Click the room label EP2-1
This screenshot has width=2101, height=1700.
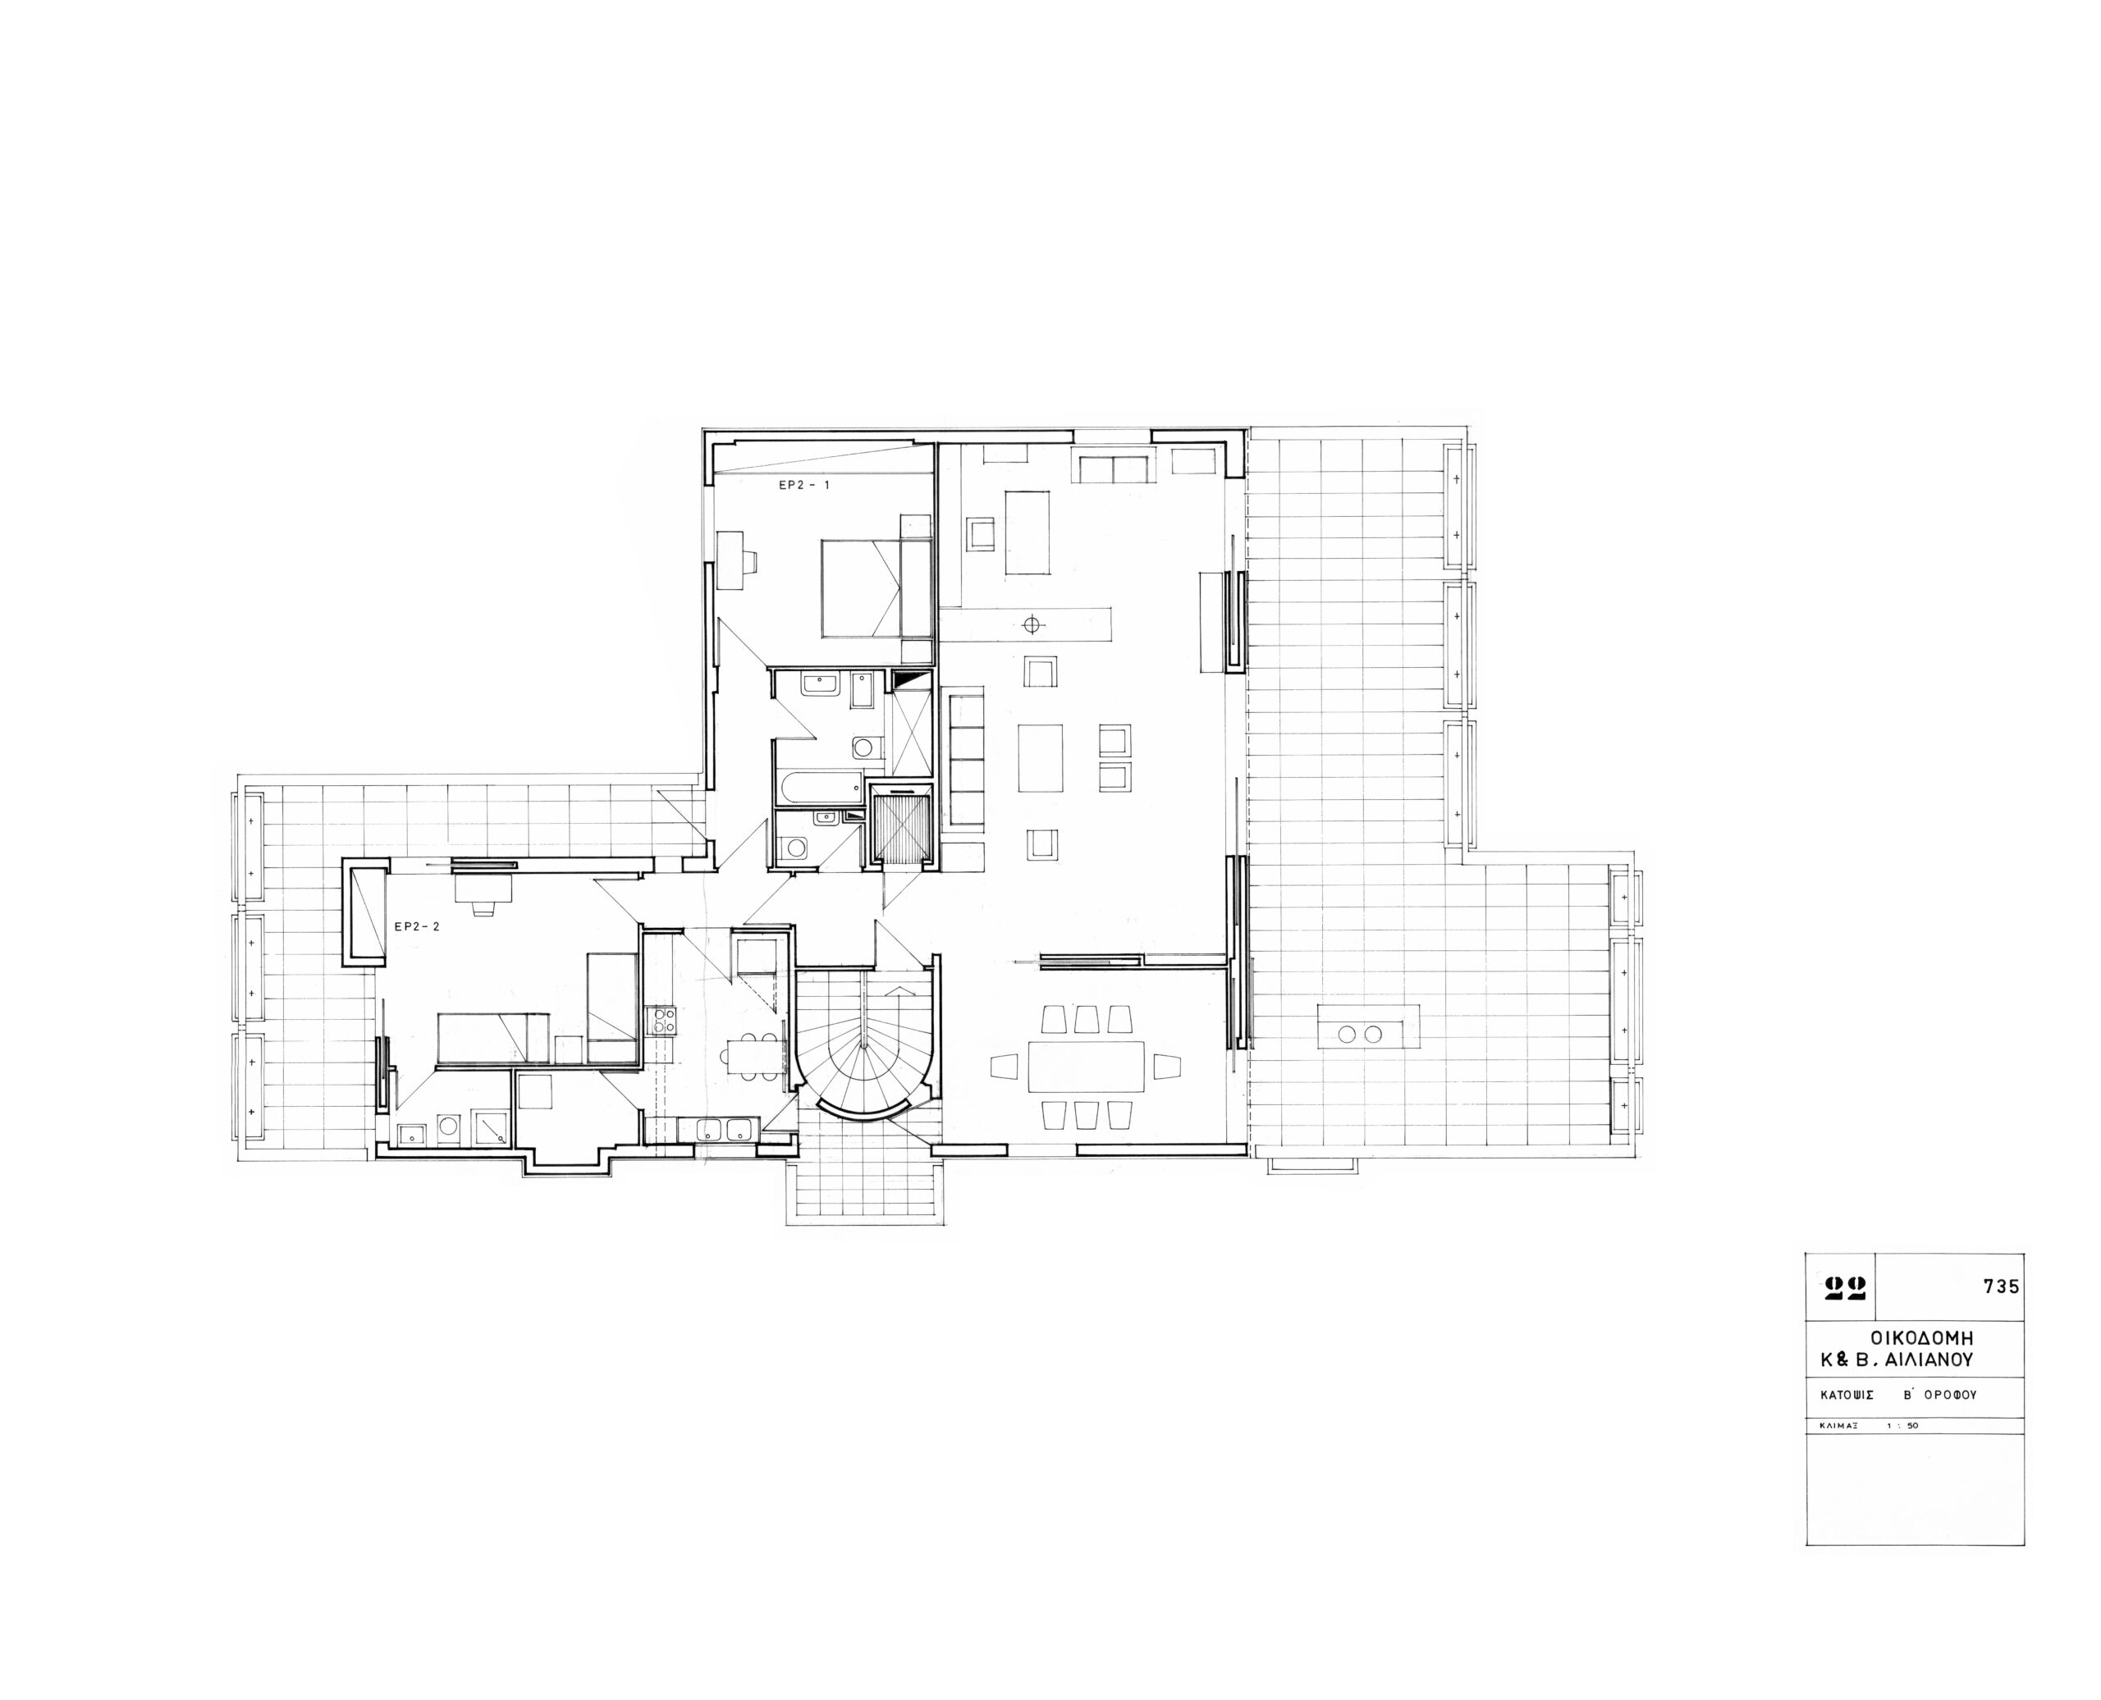coord(804,485)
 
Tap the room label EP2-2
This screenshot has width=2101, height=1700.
coord(417,925)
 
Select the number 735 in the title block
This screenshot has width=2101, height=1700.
coord(2002,1286)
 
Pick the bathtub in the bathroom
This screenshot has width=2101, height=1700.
coord(819,785)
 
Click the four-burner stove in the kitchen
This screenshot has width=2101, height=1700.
coord(661,1021)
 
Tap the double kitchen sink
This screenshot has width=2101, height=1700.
coord(726,1129)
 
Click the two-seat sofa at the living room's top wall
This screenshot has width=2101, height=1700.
coord(1114,467)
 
